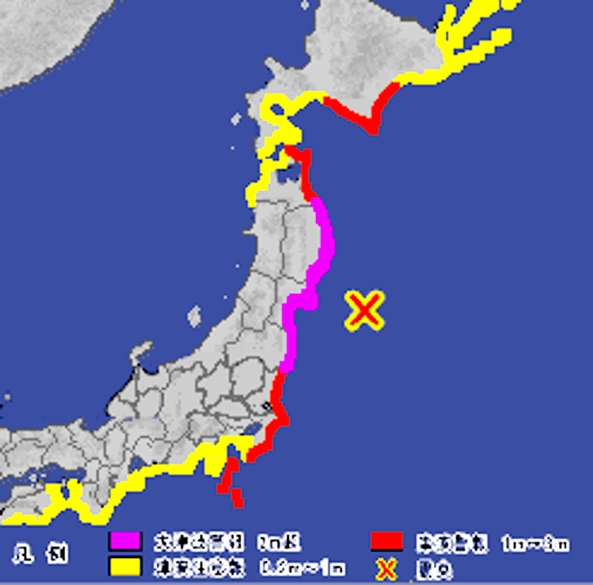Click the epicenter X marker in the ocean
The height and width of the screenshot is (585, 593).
(x=365, y=311)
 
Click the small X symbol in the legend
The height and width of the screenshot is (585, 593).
(x=386, y=568)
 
